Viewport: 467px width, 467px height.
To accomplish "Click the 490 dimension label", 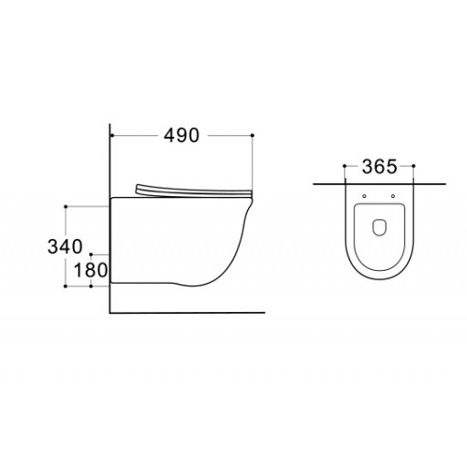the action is (x=182, y=136).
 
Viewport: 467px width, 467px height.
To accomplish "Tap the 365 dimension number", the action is (x=379, y=167).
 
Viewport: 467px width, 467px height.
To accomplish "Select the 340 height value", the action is (x=65, y=246).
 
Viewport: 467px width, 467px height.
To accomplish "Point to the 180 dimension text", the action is (x=91, y=270).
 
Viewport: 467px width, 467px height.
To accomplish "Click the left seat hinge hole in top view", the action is (x=365, y=196).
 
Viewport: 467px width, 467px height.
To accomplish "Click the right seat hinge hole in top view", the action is (x=393, y=196).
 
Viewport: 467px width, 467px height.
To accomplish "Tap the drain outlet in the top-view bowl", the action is (x=379, y=227).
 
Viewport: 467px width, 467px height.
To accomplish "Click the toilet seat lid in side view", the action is (x=193, y=192).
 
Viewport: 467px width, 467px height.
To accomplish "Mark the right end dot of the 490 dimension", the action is (x=253, y=135).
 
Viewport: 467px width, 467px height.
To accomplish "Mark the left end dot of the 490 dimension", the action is (x=112, y=135).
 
